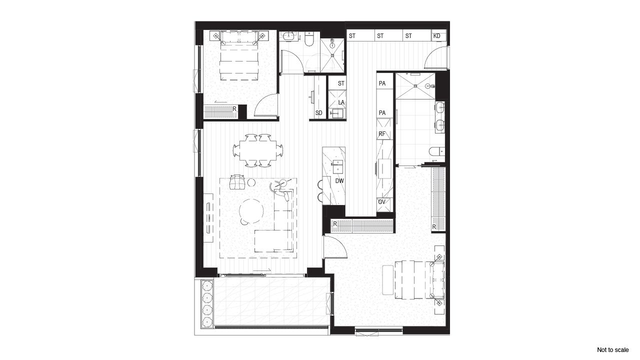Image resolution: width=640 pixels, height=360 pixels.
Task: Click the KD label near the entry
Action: pos(437,36)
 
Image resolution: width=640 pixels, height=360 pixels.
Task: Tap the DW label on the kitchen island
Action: pos(339,180)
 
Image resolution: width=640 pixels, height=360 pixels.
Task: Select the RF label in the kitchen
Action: pos(382,134)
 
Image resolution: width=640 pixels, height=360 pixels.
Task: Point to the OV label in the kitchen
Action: pos(382,202)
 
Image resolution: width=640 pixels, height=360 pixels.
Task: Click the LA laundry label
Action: pos(341,102)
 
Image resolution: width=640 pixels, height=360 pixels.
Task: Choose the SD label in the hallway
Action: pos(318,113)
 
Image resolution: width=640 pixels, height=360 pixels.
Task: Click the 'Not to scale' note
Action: pos(612,349)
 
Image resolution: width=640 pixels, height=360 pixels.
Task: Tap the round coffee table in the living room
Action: pos(251,211)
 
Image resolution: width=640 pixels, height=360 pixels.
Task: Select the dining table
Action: pos(257,149)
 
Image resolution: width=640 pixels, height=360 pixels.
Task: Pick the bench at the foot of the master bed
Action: pos(388,279)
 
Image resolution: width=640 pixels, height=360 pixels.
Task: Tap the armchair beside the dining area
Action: pos(237,182)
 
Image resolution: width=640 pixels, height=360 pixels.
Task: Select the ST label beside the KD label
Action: pos(408,36)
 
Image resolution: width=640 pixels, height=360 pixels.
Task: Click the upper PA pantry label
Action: pos(382,83)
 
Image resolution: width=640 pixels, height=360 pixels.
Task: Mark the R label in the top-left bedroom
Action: pos(234,108)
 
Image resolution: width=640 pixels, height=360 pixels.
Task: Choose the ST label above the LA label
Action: pos(341,83)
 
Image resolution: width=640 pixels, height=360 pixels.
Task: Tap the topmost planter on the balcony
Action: pos(207,286)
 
